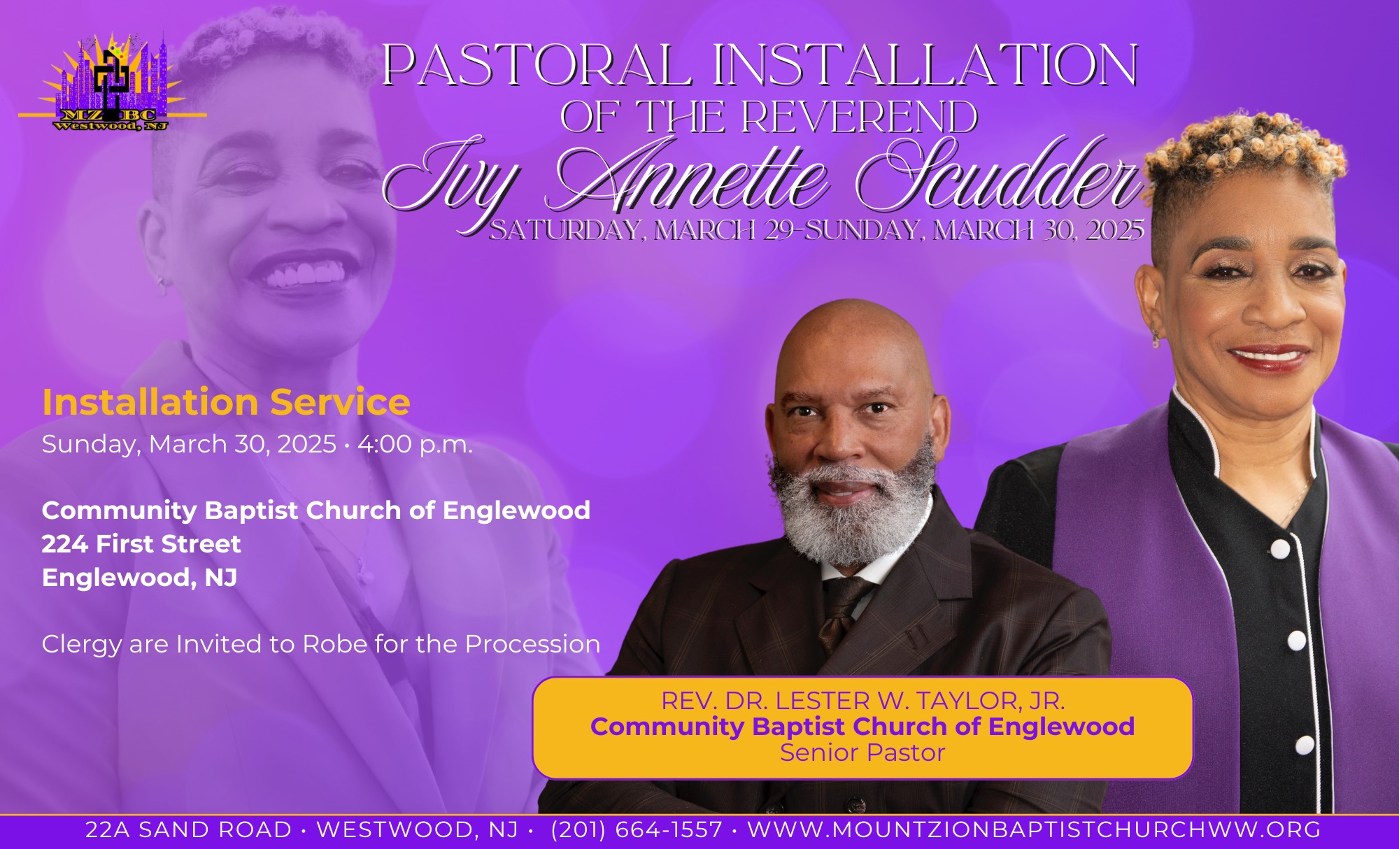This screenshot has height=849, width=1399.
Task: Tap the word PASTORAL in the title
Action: (537, 66)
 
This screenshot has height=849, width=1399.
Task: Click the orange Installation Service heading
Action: (226, 402)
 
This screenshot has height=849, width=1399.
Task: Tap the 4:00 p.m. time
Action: (416, 445)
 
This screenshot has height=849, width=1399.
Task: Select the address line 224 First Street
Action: (141, 544)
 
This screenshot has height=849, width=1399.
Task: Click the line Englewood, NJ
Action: (140, 578)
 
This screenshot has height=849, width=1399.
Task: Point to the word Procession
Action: (532, 644)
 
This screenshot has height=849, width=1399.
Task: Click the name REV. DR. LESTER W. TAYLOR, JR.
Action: (863, 701)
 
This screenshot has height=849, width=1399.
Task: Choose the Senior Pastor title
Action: (862, 752)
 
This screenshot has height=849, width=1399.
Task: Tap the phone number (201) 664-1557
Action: (637, 830)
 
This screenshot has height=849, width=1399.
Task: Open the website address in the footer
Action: (1035, 830)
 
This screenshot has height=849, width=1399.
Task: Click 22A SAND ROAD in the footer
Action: (188, 830)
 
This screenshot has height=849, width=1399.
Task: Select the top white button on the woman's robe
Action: (1279, 550)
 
